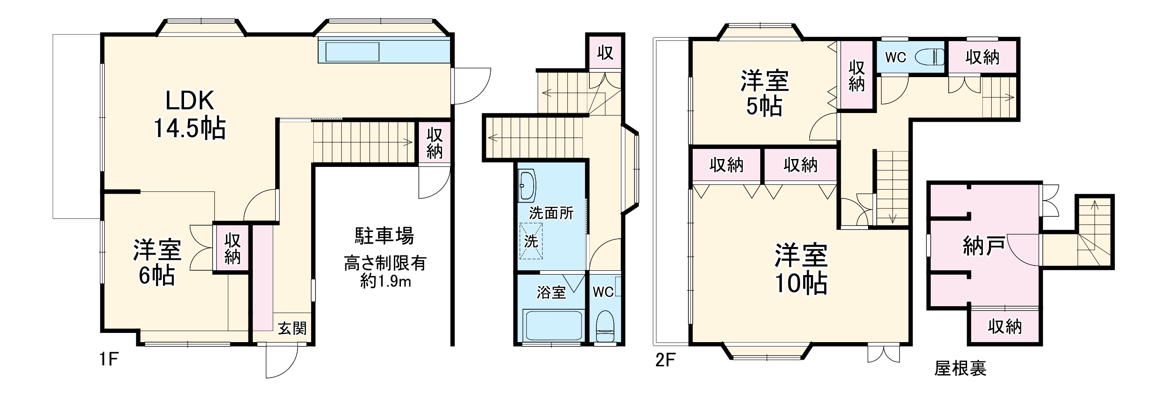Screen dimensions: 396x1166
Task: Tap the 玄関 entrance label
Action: point(292,328)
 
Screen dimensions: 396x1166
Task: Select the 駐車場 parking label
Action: point(384,236)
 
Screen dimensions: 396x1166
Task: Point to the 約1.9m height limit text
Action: point(386,282)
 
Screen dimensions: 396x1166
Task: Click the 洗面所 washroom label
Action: point(551,213)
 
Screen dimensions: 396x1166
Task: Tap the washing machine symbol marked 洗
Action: point(531,241)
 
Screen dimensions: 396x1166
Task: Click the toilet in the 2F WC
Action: point(930,57)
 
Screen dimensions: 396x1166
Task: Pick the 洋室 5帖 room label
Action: point(765,93)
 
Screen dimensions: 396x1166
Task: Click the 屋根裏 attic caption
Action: point(960,368)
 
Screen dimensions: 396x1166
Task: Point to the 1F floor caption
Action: point(109,360)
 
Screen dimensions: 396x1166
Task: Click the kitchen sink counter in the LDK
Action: point(353,52)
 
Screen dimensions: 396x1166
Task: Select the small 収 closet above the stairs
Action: point(605,53)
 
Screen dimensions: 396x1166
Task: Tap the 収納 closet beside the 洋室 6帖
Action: point(232,248)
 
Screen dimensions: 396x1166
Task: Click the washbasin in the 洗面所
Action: point(527,186)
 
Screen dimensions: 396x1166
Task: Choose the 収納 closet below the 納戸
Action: point(1005,326)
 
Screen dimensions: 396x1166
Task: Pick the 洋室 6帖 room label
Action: point(157,262)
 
